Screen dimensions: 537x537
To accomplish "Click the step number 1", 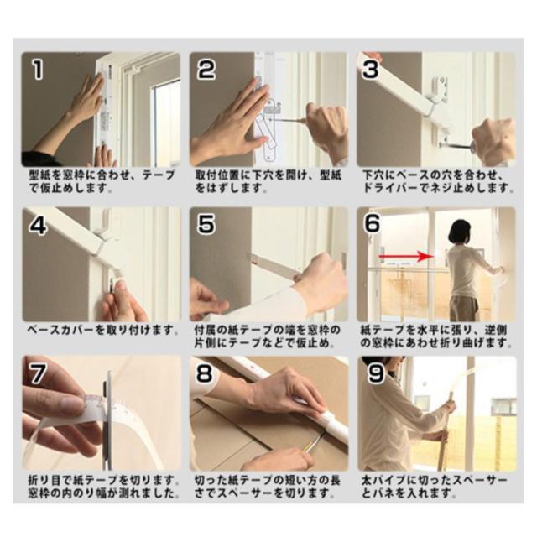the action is (x=38, y=69).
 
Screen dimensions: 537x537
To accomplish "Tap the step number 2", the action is (x=206, y=69).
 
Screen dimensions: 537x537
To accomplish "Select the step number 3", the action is (x=372, y=69).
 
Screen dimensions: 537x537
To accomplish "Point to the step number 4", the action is (x=38, y=225).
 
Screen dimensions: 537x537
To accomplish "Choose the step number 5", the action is (x=206, y=224).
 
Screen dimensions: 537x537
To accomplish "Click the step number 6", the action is (x=373, y=222).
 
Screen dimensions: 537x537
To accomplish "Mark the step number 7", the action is (x=38, y=373).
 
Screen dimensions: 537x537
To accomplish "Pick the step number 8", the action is (x=205, y=373).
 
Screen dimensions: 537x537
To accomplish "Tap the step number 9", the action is (x=376, y=373).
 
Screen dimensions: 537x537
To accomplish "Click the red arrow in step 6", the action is (x=405, y=256).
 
